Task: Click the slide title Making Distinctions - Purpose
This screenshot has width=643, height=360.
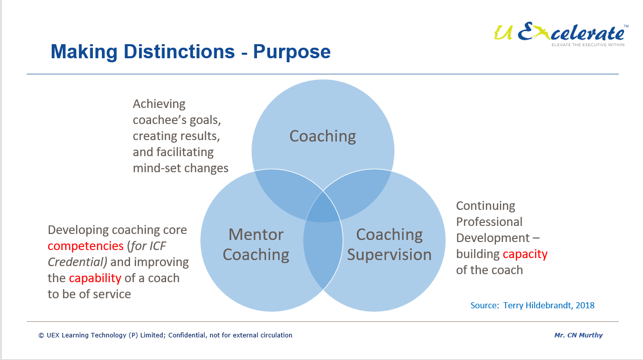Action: pyautogui.click(x=190, y=52)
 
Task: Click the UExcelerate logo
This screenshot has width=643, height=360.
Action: pyautogui.click(x=560, y=34)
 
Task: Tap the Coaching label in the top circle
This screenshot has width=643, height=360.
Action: pyautogui.click(x=323, y=136)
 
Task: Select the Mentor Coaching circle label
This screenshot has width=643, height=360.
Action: pyautogui.click(x=255, y=245)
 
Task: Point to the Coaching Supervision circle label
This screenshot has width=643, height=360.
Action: pyautogui.click(x=389, y=245)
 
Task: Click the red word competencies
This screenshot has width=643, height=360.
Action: pyautogui.click(x=85, y=246)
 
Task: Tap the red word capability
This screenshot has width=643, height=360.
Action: pyautogui.click(x=95, y=278)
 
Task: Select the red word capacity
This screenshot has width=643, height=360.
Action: pyautogui.click(x=525, y=254)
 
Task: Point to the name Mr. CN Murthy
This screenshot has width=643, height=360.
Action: pyautogui.click(x=578, y=335)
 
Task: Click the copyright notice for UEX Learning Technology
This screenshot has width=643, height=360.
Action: pyautogui.click(x=165, y=335)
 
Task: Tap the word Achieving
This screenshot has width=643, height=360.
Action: pyautogui.click(x=159, y=104)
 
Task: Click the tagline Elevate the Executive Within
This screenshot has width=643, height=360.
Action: pyautogui.click(x=588, y=45)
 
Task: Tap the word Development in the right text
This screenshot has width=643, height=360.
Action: pyautogui.click(x=492, y=238)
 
